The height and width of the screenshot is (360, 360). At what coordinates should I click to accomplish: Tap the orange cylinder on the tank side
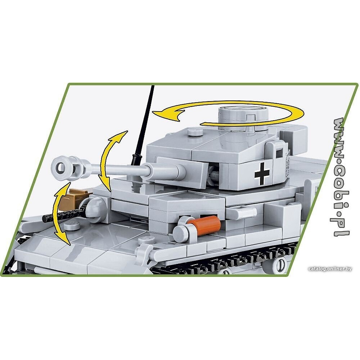(204, 225)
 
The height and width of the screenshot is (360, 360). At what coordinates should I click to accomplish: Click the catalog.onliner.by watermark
(330, 269)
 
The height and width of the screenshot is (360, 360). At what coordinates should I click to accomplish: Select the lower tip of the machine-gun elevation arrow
(69, 244)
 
